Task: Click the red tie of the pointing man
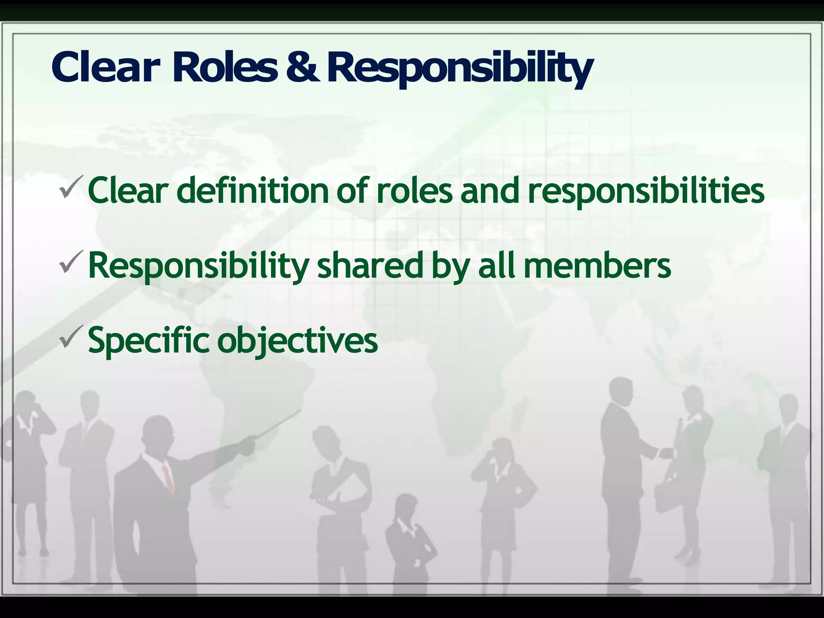click(168, 479)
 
